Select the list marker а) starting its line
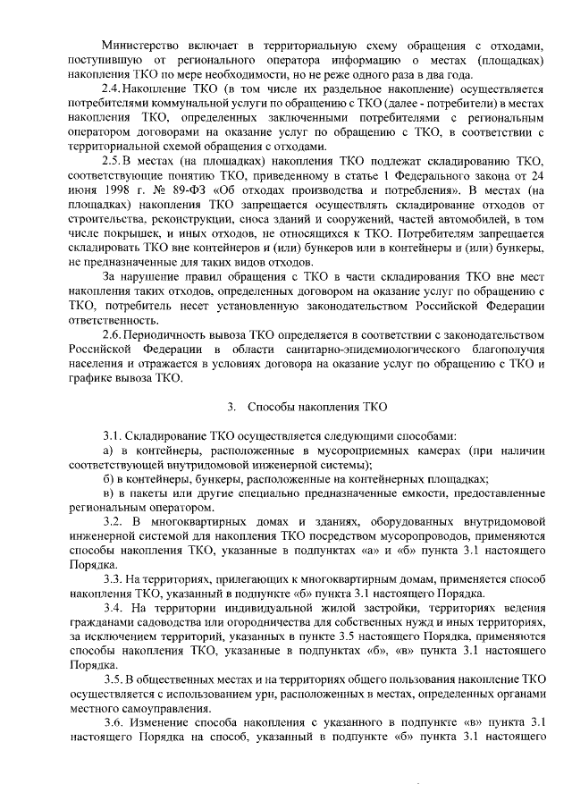[x=107, y=450]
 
